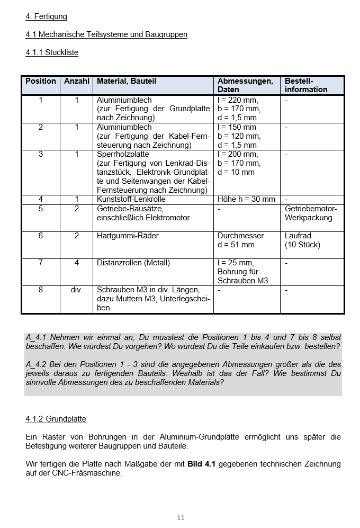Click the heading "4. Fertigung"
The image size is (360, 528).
point(46,16)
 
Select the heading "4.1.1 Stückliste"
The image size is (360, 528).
point(52,52)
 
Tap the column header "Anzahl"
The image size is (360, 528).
point(77,81)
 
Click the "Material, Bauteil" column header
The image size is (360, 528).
point(127,81)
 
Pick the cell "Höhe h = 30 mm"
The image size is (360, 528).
point(246,199)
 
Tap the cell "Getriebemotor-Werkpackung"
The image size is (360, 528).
point(311,213)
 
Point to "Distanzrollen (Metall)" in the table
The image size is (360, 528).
point(133,263)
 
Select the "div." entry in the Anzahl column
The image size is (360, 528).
point(77,290)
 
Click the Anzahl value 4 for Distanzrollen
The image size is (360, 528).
point(77,263)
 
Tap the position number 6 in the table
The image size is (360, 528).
point(41,236)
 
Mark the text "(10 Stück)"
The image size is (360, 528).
point(302,245)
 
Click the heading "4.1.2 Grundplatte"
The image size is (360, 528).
point(56,419)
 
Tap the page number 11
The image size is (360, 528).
point(181,517)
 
